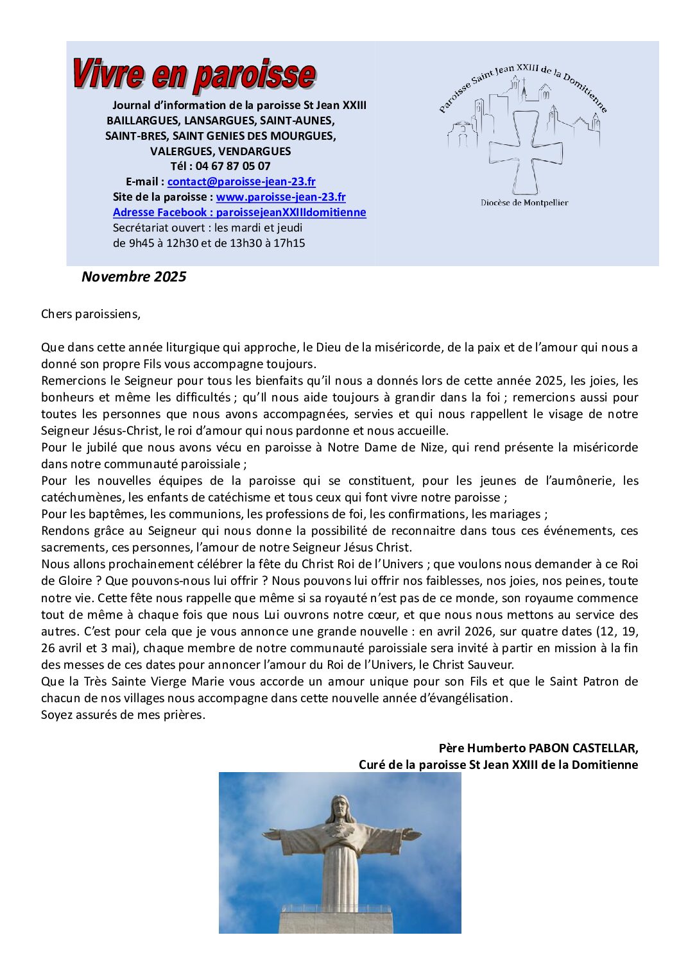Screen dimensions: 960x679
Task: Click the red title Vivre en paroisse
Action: pos(193,75)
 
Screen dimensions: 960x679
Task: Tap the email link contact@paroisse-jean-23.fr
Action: pos(241,181)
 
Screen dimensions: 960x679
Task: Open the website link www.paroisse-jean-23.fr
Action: pos(280,197)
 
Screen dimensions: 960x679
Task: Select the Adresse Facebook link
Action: pos(239,212)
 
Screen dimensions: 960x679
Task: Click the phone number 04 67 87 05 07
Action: pos(233,166)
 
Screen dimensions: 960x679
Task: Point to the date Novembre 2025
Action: pos(133,276)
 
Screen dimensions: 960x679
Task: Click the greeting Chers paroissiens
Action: pos(90,314)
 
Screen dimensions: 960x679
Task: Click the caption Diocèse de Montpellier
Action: pos(524,203)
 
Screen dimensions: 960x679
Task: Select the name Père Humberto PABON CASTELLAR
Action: pos(538,748)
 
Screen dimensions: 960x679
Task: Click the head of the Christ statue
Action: pos(339,809)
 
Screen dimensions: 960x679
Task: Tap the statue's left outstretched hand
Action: pos(411,834)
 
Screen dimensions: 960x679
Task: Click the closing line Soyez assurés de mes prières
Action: pos(123,714)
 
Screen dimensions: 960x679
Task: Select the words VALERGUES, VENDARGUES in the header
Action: pos(220,151)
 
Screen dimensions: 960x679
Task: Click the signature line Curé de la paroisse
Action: pos(498,764)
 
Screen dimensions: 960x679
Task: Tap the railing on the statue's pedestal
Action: pos(336,909)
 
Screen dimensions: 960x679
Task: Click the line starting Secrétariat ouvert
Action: pos(207,228)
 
